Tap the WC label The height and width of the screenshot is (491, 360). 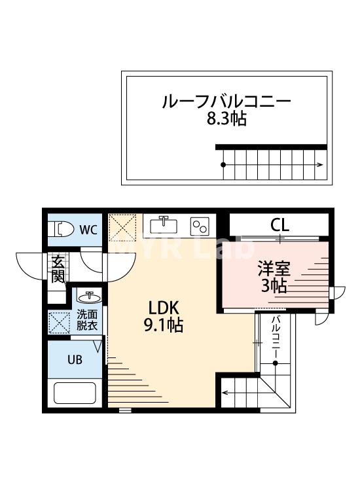tap(88, 230)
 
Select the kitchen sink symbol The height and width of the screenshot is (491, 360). tap(164, 225)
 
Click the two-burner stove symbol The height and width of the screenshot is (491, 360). tap(199, 226)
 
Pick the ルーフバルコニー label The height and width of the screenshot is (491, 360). tap(226, 102)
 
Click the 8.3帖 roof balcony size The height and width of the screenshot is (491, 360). tap(226, 120)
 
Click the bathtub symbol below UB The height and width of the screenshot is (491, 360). tap(75, 393)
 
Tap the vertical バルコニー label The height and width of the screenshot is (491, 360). tap(276, 336)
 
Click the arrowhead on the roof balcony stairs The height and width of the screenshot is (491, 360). tap(321, 164)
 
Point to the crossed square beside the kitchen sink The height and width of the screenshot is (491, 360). tap(124, 227)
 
